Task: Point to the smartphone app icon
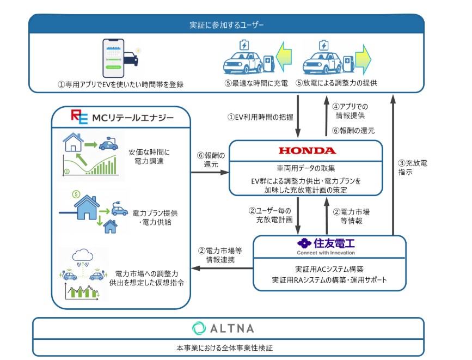[114, 58]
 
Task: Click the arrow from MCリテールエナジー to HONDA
[211, 172]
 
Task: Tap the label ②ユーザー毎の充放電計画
[270, 214]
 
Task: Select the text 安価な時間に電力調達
[149, 157]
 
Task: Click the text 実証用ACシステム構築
[328, 269]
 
